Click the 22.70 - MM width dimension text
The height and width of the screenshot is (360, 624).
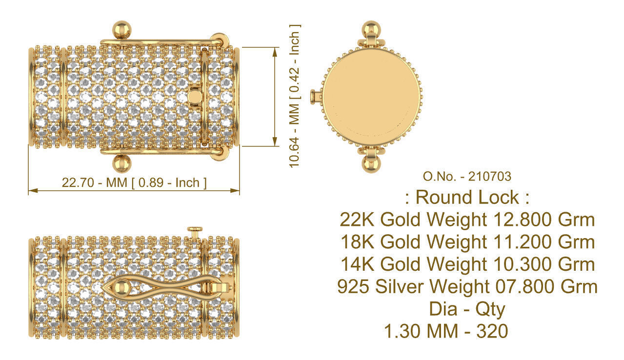coord(134,183)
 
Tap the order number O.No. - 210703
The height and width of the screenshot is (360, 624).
coord(467,176)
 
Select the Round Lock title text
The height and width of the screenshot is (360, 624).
coord(467,198)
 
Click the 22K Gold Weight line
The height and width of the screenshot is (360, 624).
coord(467,220)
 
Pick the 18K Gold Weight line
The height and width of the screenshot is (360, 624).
coord(467,242)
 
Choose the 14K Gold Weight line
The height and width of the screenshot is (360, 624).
coord(467,264)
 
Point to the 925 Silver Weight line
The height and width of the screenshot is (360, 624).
coord(467,286)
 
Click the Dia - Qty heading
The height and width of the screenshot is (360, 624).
coord(467,309)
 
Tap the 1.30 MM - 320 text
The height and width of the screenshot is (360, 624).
coord(446,332)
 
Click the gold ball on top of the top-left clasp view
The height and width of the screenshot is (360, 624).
coord(121,30)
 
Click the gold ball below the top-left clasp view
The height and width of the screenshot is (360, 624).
coord(121,163)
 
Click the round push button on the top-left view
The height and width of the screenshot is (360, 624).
coord(194,97)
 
